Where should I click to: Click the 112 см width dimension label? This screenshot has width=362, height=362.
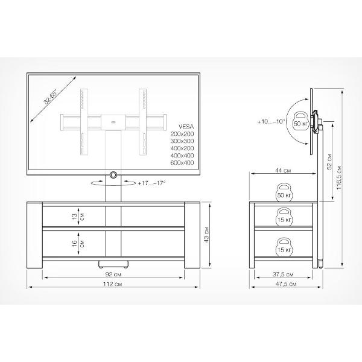pyautogui.click(x=112, y=284)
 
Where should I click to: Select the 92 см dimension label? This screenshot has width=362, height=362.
pyautogui.click(x=113, y=275)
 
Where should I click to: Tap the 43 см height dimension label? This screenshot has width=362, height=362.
pyautogui.click(x=206, y=235)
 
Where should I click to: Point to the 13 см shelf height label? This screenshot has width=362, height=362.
pyautogui.click(x=78, y=217)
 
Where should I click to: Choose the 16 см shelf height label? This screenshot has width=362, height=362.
pyautogui.click(x=78, y=243)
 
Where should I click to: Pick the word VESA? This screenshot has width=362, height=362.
pyautogui.click(x=186, y=127)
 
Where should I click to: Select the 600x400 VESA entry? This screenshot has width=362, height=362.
pyautogui.click(x=182, y=162)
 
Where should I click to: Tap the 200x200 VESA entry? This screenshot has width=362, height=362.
pyautogui.click(x=182, y=134)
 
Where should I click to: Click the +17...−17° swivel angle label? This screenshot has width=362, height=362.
pyautogui.click(x=151, y=183)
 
